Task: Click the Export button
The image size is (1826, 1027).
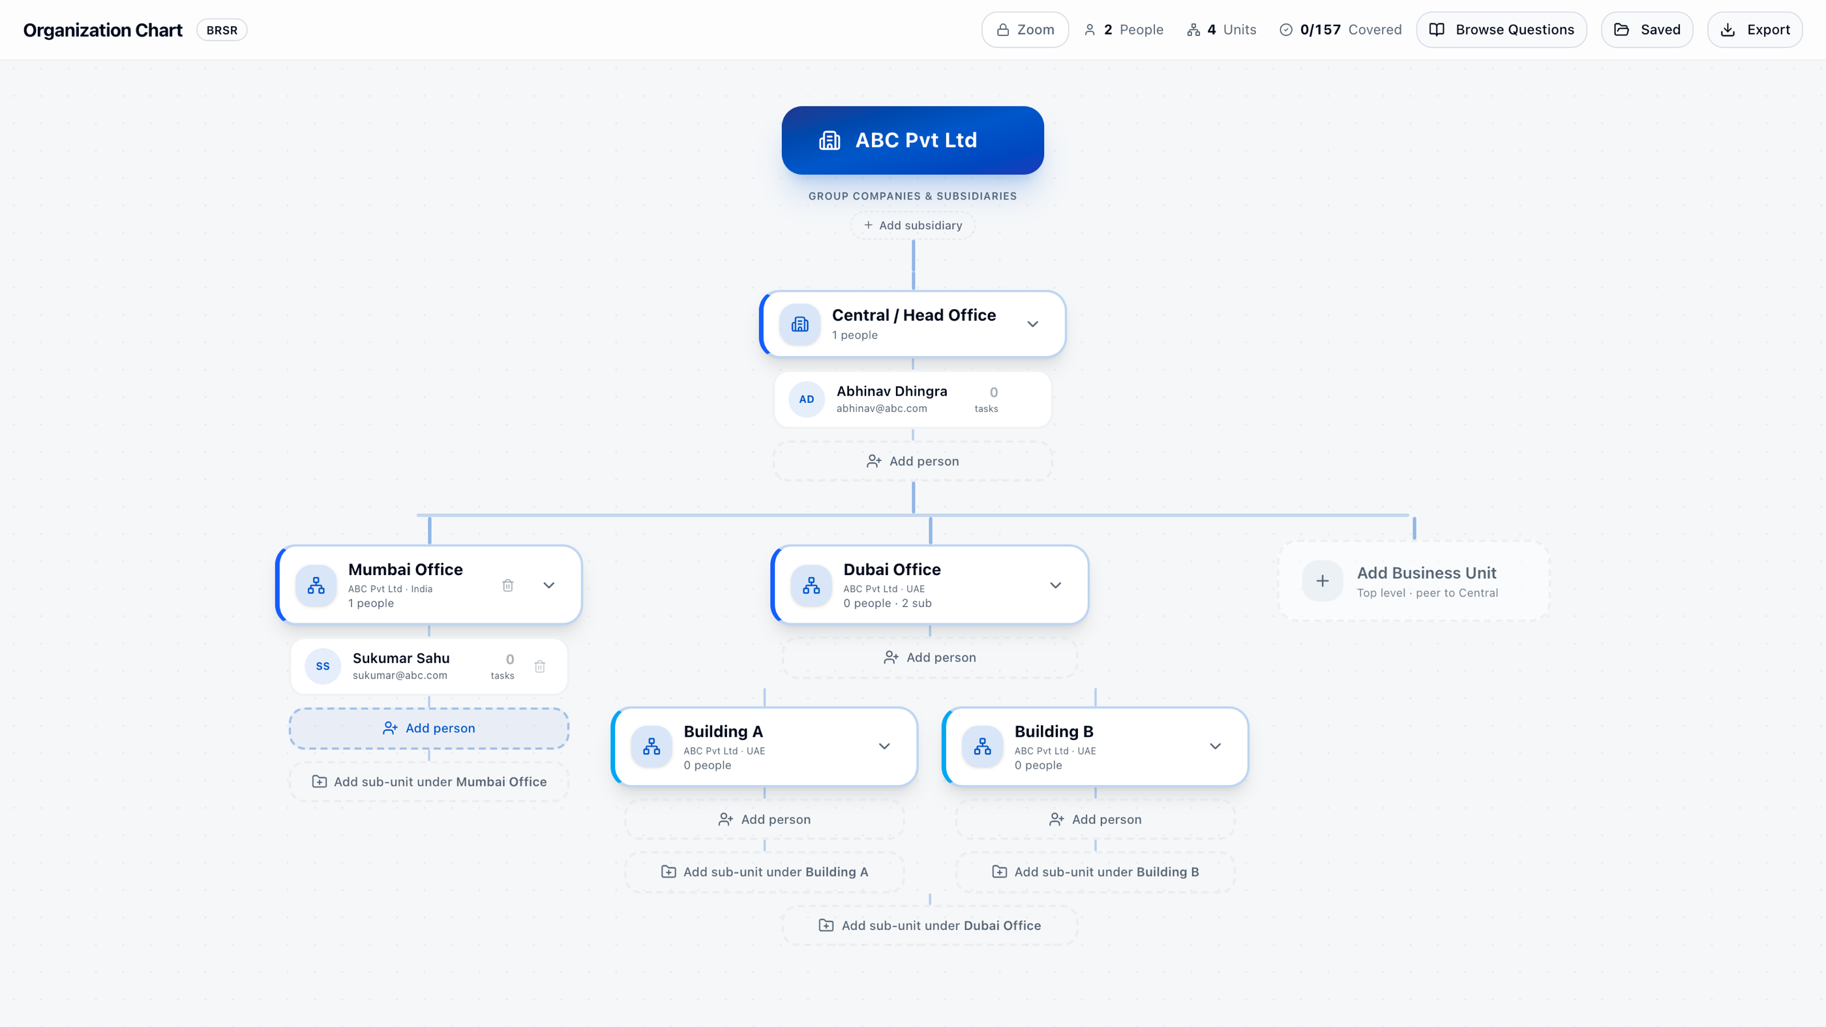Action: (1754, 30)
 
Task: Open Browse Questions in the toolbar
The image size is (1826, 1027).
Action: (1501, 30)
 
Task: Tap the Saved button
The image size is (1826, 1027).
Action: (1647, 30)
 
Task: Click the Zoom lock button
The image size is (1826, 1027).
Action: (1025, 30)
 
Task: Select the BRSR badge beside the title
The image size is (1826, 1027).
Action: (222, 31)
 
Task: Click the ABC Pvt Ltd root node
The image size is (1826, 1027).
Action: (912, 140)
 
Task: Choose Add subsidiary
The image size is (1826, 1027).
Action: (912, 226)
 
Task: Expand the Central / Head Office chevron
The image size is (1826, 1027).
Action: (1033, 324)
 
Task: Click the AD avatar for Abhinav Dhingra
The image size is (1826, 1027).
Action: (807, 399)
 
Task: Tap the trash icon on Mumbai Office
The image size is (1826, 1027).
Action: (507, 586)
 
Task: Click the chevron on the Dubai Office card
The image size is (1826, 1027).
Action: (1055, 586)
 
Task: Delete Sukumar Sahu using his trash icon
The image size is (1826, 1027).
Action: (539, 666)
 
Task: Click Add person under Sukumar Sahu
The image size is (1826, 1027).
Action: (429, 728)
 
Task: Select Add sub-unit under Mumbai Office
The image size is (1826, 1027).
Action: (429, 782)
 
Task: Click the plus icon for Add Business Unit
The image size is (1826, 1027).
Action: (1322, 581)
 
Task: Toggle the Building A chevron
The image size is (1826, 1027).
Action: (884, 747)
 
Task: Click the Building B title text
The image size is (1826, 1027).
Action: (1053, 732)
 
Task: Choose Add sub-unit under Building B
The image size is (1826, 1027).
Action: (1095, 872)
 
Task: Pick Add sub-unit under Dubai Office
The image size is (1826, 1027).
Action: (930, 926)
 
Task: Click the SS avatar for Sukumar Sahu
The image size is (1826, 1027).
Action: (323, 666)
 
